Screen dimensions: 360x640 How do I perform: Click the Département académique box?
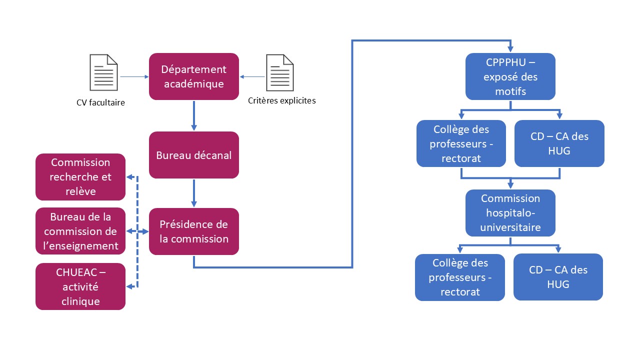click(x=193, y=76)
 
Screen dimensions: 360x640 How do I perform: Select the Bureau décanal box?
click(x=193, y=155)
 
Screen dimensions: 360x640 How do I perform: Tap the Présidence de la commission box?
click(x=193, y=231)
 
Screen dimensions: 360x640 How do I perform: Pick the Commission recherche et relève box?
click(x=80, y=177)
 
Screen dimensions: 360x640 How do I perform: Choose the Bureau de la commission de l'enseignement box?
click(x=80, y=231)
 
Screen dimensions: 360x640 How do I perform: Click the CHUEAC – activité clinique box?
click(x=80, y=286)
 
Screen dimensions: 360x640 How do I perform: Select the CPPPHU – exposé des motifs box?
click(x=510, y=77)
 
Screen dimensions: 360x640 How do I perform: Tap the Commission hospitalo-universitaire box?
click(x=510, y=213)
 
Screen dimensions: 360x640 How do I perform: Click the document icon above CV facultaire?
click(x=103, y=72)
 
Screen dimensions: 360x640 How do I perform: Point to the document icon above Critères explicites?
click(x=280, y=72)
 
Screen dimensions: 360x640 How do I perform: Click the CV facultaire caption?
click(x=100, y=103)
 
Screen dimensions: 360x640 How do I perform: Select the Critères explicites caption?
click(x=281, y=100)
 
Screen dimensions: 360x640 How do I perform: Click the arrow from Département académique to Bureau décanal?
click(x=193, y=115)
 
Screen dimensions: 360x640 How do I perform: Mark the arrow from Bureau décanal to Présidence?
click(x=193, y=193)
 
